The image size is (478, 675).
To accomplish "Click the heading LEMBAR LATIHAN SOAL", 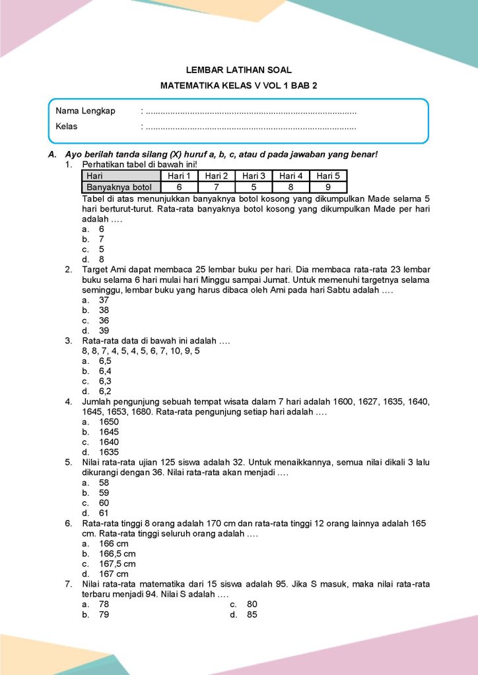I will point(239,69).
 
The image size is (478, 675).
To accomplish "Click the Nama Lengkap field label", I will point(85,111).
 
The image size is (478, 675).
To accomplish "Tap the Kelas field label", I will point(67,126).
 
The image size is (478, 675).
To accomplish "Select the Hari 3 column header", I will point(254,176).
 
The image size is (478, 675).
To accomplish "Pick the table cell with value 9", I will point(328,187).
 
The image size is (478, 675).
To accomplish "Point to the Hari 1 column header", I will point(179,176).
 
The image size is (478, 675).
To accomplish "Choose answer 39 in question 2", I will point(104,330).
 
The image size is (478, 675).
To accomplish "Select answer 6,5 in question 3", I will point(105,361).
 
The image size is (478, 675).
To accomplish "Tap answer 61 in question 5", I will point(104,513).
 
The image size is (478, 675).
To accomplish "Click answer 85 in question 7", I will point(252,615).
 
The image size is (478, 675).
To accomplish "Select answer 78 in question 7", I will point(104,604).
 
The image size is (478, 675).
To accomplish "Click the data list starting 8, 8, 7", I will point(141,351).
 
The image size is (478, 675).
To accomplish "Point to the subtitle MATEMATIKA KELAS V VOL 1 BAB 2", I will point(239,86).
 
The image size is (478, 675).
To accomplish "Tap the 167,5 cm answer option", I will point(117,564).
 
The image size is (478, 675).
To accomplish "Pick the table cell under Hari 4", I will point(290,187).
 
